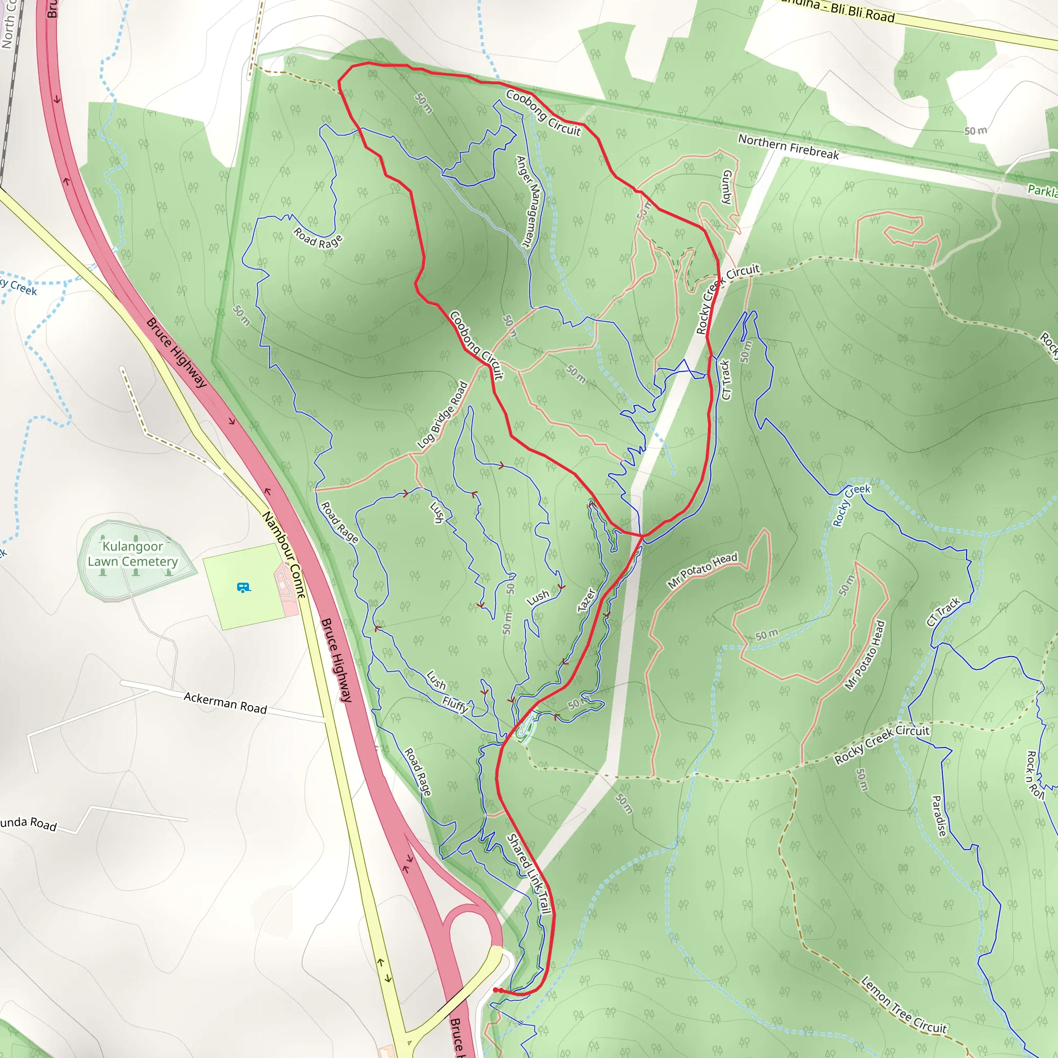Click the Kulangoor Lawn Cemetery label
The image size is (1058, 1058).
pyautogui.click(x=133, y=554)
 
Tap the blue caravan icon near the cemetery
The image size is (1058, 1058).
pyautogui.click(x=243, y=587)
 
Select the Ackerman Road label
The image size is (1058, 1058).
pyautogui.click(x=225, y=703)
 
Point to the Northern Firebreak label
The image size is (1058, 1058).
pyautogui.click(x=788, y=147)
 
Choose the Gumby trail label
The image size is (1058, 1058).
pyautogui.click(x=727, y=186)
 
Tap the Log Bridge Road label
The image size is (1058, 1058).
pyautogui.click(x=443, y=415)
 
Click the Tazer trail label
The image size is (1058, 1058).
pyautogui.click(x=586, y=600)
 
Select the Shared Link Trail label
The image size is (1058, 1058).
pyautogui.click(x=528, y=874)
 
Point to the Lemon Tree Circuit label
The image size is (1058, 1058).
pyautogui.click(x=904, y=1005)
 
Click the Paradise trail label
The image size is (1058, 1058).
pyautogui.click(x=939, y=816)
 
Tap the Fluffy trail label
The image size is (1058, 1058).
pyautogui.click(x=455, y=704)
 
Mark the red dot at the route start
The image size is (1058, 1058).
pyautogui.click(x=495, y=990)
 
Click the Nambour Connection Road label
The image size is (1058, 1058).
pyautogui.click(x=283, y=554)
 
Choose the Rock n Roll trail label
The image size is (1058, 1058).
pyautogui.click(x=1034, y=774)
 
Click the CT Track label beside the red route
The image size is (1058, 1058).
pyautogui.click(x=726, y=380)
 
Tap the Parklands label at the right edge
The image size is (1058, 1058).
pyautogui.click(x=1042, y=191)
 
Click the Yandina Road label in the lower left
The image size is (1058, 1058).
pyautogui.click(x=28, y=823)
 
